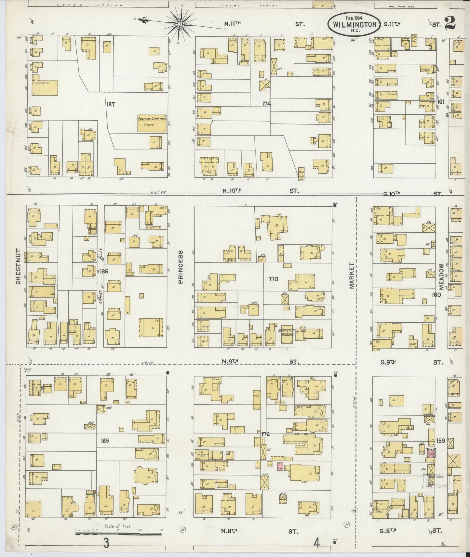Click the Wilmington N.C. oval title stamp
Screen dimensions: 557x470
(x=354, y=24)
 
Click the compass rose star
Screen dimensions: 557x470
(x=180, y=23)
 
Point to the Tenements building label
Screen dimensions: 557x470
(x=43, y=83)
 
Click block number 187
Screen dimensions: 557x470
(x=111, y=104)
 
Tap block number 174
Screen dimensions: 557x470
(x=267, y=104)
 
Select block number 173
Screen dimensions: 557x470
(x=273, y=278)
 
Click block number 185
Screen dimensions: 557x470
(x=104, y=441)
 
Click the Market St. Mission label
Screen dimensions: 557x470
(x=286, y=332)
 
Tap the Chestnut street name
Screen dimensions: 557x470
(x=18, y=267)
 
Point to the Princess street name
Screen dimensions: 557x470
(x=181, y=267)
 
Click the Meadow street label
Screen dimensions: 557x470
(x=441, y=277)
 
